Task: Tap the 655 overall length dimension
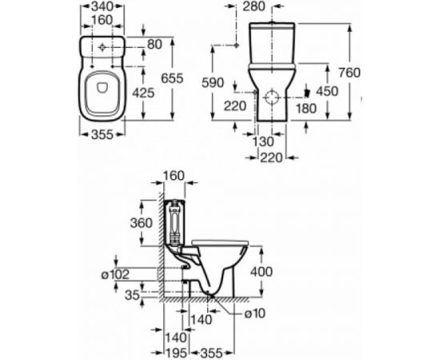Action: pyautogui.click(x=186, y=78)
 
